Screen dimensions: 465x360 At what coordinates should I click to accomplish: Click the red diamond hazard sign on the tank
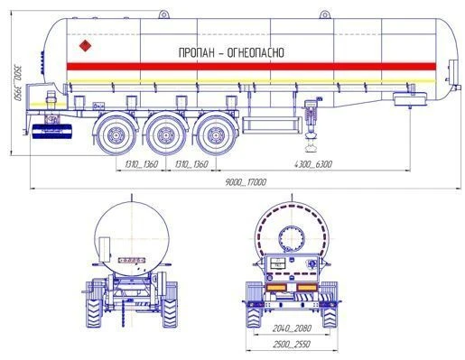tap(85, 45)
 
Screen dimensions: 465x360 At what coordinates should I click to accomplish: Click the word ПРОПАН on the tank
tap(197, 52)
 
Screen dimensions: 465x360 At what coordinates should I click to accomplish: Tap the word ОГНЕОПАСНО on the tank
tap(256, 52)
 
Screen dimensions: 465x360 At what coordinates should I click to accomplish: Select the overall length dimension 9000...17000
tap(246, 182)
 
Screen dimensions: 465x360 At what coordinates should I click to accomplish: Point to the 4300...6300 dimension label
tap(313, 164)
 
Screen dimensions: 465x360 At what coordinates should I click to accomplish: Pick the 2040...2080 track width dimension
tap(292, 328)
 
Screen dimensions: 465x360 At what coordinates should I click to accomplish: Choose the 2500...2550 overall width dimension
tap(292, 344)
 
